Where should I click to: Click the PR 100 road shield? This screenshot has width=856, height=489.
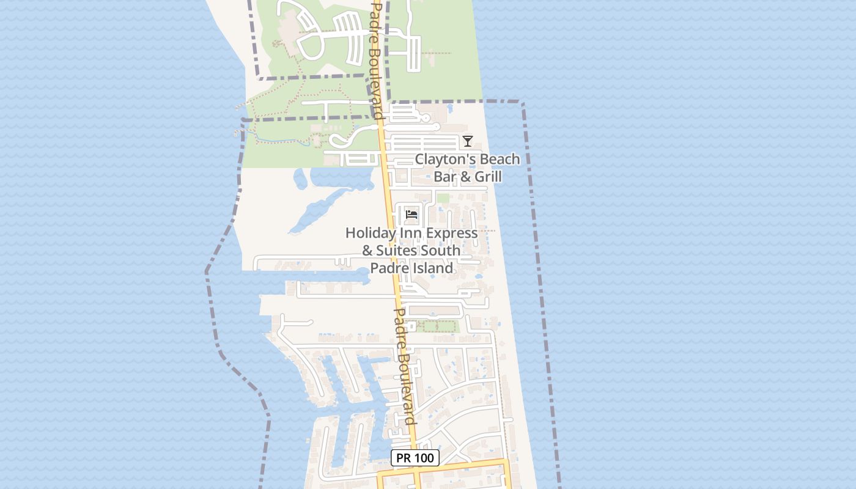pyautogui.click(x=415, y=458)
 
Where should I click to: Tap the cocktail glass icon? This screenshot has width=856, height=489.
pyautogui.click(x=468, y=141)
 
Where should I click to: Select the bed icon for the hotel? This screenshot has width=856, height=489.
pyautogui.click(x=411, y=215)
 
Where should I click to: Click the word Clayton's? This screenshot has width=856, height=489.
pyautogui.click(x=445, y=160)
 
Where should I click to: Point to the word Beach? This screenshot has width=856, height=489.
pyautogui.click(x=499, y=160)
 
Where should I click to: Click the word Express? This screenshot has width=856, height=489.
pyautogui.click(x=451, y=233)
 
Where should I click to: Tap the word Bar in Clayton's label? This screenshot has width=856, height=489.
pyautogui.click(x=445, y=177)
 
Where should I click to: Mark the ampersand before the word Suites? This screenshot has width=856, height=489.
pyautogui.click(x=367, y=251)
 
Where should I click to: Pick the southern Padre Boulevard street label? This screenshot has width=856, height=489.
pyautogui.click(x=405, y=366)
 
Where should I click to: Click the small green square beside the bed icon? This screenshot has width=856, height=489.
pyautogui.click(x=443, y=199)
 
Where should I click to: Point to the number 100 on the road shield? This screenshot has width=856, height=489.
pyautogui.click(x=424, y=458)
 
